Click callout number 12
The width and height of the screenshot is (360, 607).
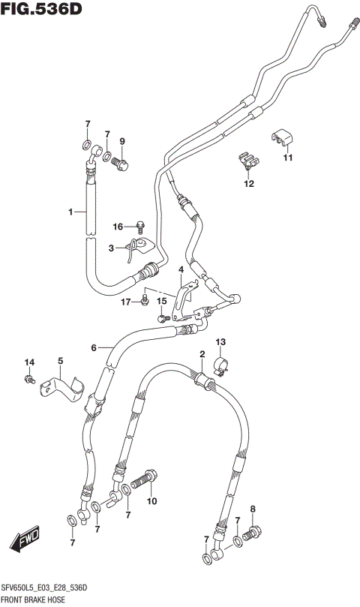tap(248, 183)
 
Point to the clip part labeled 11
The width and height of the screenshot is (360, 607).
tap(281, 137)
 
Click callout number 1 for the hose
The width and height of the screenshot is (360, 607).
tap(71, 212)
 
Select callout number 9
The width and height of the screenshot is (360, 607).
tap(122, 141)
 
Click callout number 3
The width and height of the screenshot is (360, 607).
tap(110, 248)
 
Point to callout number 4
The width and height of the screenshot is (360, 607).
tap(181, 269)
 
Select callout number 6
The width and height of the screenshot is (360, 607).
tap(94, 347)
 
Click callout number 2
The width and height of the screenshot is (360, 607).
tap(202, 353)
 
